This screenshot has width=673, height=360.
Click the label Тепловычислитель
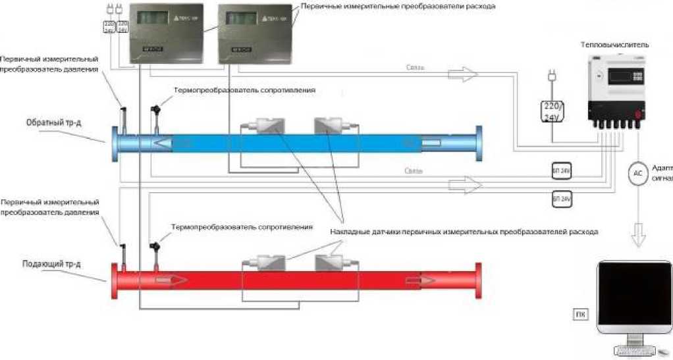click(614, 45)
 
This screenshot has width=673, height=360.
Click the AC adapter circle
click(636, 174)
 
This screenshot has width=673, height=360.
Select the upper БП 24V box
click(561, 170)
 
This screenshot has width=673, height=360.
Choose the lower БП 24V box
click(561, 198)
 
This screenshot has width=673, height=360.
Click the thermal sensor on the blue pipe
click(156, 116)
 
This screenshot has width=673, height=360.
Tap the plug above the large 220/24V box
click(551, 78)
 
